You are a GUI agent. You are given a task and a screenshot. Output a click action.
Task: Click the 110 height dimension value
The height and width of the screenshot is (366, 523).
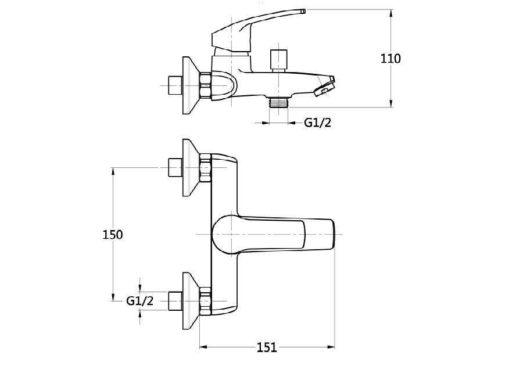click(x=391, y=59)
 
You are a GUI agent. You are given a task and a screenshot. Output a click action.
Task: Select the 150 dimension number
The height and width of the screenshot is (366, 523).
click(x=112, y=235)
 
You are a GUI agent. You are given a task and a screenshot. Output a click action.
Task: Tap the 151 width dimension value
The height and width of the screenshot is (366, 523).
click(x=267, y=347)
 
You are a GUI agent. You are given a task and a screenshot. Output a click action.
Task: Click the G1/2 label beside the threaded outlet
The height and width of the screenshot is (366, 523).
click(x=317, y=123)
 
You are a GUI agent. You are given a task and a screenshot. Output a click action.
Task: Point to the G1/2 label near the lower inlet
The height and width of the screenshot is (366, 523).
click(x=139, y=301)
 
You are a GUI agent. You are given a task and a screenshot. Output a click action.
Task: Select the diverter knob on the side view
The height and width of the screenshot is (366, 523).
click(x=278, y=60)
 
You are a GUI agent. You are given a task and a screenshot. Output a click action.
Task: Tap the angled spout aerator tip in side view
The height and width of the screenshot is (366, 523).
click(x=324, y=87)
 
